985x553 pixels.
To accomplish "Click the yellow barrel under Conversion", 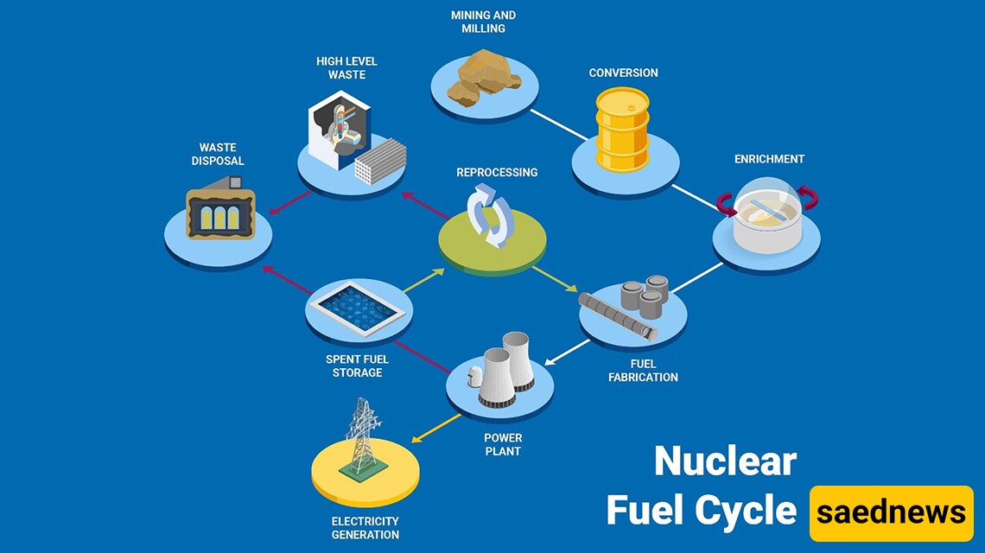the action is coord(622,130).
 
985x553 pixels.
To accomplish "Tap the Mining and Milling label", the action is coord(483,22).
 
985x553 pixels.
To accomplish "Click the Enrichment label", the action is coord(769,159).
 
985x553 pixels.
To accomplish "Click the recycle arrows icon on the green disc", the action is coord(491,215).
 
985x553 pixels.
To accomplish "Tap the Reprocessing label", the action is coord(497,172).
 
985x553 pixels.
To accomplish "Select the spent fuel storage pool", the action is coord(359,308).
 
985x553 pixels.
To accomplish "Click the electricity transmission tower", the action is coord(363,436).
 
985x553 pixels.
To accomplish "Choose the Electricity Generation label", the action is coord(365,528).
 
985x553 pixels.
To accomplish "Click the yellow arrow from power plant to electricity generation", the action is coord(436,428).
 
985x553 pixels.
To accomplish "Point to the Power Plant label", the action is coord(503,444).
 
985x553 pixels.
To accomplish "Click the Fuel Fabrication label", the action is coord(643,371).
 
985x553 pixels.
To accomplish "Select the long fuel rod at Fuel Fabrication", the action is coord(618,316).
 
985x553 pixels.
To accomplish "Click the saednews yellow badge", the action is coord(892,512).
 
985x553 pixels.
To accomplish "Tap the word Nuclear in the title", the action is coord(726,461).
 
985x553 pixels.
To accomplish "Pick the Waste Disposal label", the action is coord(218,154).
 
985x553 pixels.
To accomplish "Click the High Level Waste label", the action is coord(346,68).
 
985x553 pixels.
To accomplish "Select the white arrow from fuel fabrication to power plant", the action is coord(568,353).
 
